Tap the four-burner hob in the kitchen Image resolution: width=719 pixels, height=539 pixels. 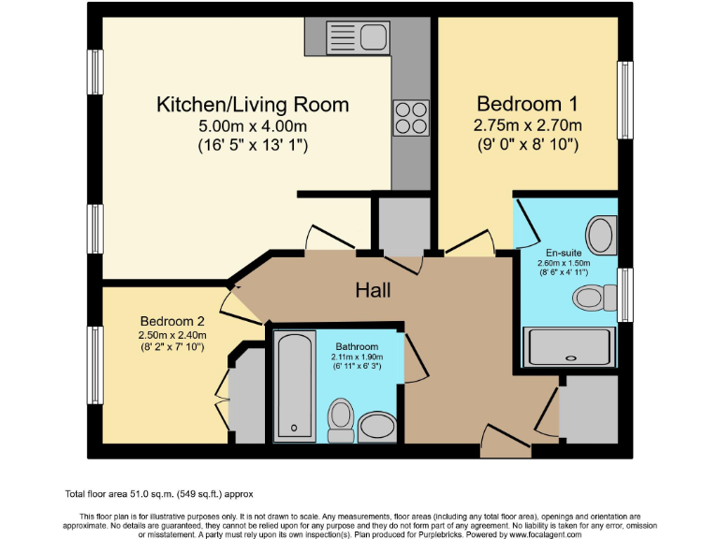pyautogui.click(x=411, y=119)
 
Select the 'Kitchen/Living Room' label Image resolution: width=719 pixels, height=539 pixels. pyautogui.click(x=252, y=104)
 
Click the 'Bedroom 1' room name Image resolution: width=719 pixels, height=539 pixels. pyautogui.click(x=527, y=103)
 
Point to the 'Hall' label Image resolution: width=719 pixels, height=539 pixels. pyautogui.click(x=373, y=290)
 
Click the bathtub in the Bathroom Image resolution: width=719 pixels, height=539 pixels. pyautogui.click(x=297, y=384)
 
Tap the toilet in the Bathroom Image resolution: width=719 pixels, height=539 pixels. pyautogui.click(x=341, y=421)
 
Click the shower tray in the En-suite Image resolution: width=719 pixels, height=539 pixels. pyautogui.click(x=568, y=346)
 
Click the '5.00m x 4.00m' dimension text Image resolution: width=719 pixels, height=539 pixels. pyautogui.click(x=252, y=126)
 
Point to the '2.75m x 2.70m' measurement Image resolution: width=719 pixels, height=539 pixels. pyautogui.click(x=527, y=125)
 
